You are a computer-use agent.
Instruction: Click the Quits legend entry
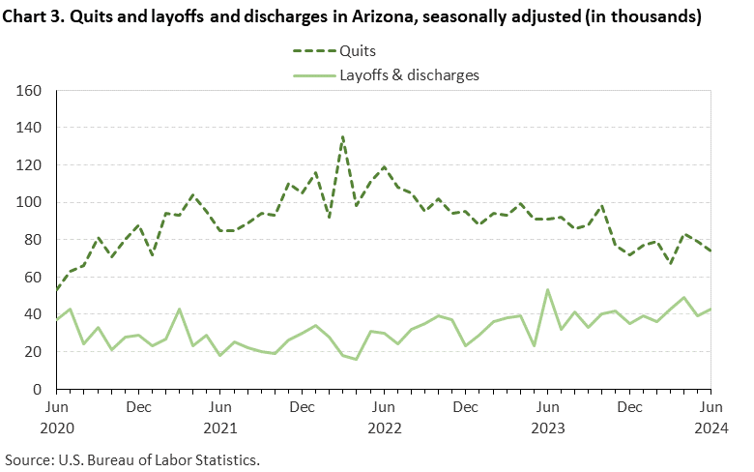pyautogui.click(x=358, y=50)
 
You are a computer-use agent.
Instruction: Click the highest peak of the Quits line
pyautogui.click(x=343, y=136)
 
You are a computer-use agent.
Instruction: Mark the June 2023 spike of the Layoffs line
pyautogui.click(x=547, y=289)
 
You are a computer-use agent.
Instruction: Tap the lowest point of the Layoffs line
pyautogui.click(x=357, y=359)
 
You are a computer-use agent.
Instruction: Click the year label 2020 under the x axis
pyautogui.click(x=57, y=427)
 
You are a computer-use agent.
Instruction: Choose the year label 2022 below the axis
pyautogui.click(x=384, y=427)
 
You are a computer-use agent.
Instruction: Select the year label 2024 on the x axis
pyautogui.click(x=710, y=427)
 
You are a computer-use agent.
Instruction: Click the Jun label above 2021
pyautogui.click(x=220, y=407)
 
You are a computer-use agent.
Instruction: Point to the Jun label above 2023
pyautogui.click(x=547, y=407)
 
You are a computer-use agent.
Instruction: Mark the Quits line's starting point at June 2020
pyautogui.click(x=57, y=290)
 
